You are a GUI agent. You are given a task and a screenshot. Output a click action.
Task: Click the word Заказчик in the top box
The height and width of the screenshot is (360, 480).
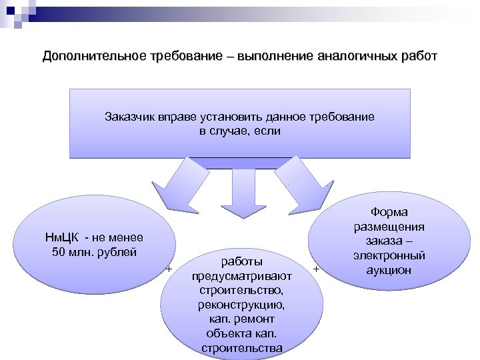(129, 117)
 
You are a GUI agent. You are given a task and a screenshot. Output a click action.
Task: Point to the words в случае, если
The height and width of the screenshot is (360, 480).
(240, 131)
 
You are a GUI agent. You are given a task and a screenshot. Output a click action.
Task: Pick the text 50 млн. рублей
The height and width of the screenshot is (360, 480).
(93, 251)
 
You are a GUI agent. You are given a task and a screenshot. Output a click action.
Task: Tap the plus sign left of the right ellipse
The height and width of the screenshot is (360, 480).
(315, 269)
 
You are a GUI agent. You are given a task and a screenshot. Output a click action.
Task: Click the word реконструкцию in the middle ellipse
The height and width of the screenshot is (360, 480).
(239, 305)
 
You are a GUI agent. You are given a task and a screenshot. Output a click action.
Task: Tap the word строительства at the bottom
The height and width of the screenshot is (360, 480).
(239, 348)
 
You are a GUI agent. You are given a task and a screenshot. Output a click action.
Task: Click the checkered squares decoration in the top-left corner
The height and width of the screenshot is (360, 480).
(17, 12)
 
